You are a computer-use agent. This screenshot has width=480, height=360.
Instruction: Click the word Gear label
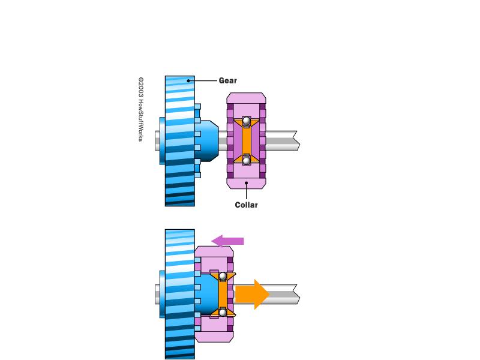point(228,80)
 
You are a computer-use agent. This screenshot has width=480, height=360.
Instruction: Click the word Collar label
point(246,205)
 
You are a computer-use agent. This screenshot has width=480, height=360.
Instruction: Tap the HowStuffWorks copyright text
point(140,109)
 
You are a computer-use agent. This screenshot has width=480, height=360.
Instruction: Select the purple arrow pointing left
point(227,241)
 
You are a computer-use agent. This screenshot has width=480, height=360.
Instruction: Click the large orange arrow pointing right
point(252,294)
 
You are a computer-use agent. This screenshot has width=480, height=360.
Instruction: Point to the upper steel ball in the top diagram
point(247,121)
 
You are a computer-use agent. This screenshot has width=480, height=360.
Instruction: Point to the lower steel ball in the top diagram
point(247,160)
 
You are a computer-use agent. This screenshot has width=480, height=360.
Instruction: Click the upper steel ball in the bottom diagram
point(223,277)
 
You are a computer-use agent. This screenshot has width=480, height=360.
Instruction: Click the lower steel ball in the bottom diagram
point(223,312)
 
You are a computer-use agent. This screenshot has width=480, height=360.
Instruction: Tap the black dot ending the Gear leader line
point(188,81)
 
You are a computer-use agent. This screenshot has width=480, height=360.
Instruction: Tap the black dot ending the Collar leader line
point(246,183)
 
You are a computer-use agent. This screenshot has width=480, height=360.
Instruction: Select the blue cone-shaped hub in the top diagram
point(207,141)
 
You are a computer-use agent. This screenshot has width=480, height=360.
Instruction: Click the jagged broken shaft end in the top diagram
point(296,141)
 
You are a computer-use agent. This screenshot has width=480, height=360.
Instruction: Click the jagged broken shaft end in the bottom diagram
point(296,294)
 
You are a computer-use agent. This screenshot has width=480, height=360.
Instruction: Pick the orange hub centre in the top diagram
point(247,141)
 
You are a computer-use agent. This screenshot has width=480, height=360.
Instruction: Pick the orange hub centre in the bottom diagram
point(223,294)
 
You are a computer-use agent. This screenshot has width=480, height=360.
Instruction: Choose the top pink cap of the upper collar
point(246,98)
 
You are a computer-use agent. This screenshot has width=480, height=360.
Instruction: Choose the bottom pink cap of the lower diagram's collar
point(214,337)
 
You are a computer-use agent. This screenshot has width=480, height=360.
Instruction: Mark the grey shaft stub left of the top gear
point(157,141)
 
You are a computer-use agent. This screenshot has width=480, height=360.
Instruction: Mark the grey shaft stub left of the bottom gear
point(157,294)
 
